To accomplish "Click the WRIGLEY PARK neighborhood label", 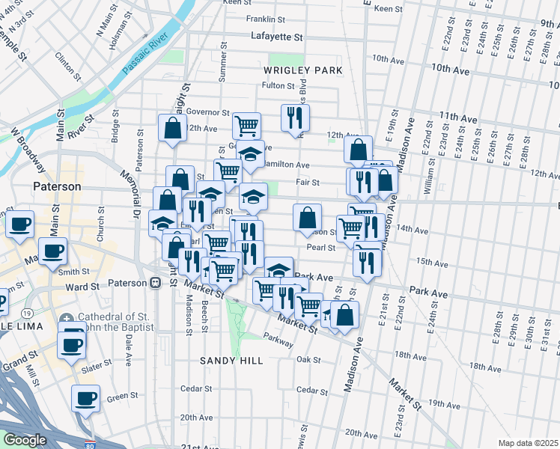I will point(302,70).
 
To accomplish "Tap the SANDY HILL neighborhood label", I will point(231,361).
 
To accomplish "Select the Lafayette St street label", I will point(277,36).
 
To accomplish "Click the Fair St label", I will point(308,182).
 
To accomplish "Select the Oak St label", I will point(308,359).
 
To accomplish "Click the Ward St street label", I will point(82,287).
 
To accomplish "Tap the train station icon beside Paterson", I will point(156,284).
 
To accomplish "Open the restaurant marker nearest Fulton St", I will point(295,117).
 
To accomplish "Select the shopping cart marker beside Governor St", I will point(246,125).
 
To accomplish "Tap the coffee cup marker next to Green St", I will point(85,397).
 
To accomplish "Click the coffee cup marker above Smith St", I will point(52,251).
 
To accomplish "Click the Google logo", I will point(24,440).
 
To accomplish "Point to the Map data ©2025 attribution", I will point(529,443).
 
